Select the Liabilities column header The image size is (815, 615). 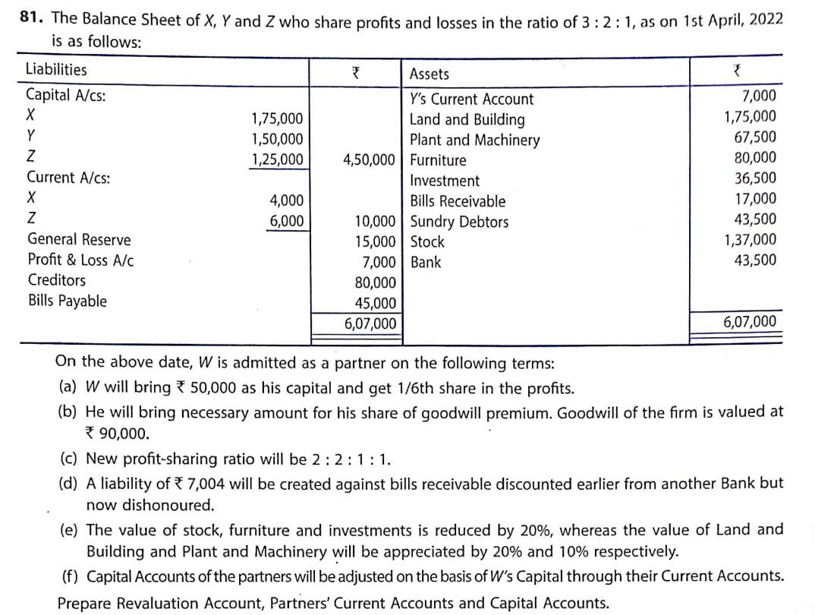[x=56, y=70]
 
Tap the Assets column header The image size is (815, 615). [x=429, y=74]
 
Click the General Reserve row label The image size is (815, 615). [x=79, y=240]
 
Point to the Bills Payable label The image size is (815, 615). [x=67, y=301]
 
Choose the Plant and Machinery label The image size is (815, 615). [x=474, y=140]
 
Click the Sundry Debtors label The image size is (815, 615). [x=459, y=222]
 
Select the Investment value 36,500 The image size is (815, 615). [x=754, y=178]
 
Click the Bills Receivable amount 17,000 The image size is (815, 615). [x=754, y=199]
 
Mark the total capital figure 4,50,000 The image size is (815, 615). [x=369, y=160]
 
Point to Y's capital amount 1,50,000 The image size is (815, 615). [x=277, y=139]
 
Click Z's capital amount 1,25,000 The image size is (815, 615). [x=277, y=159]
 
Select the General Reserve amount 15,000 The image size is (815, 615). [x=375, y=242]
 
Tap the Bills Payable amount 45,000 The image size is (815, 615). [x=375, y=304]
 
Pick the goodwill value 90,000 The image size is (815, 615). [x=123, y=434]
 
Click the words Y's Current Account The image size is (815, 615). [x=471, y=99]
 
